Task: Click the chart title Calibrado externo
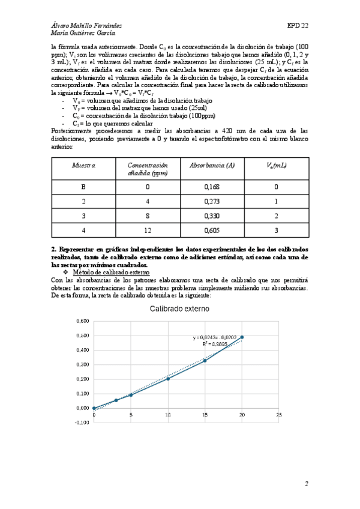pyautogui.click(x=180, y=309)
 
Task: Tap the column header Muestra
pyautogui.click(x=83, y=164)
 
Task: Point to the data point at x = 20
pyautogui.click(x=242, y=337)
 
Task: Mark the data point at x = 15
pyautogui.click(x=205, y=361)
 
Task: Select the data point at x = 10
pyautogui.click(x=168, y=379)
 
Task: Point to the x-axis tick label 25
pyautogui.click(x=278, y=415)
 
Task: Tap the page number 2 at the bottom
pyautogui.click(x=306, y=483)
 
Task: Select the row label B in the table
pyautogui.click(x=83, y=186)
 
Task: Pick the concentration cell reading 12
pyautogui.click(x=147, y=230)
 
